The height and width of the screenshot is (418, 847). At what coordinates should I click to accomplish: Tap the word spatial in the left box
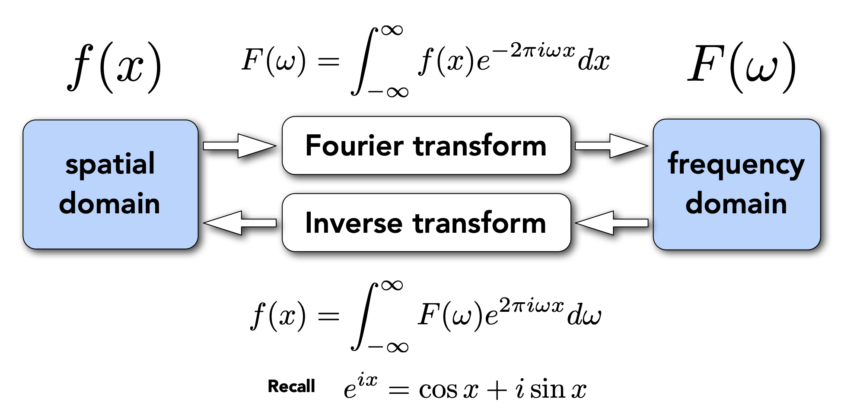point(110,165)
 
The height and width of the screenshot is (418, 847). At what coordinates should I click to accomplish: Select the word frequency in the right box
point(736,165)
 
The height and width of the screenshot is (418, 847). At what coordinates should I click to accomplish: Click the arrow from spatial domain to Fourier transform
point(239,146)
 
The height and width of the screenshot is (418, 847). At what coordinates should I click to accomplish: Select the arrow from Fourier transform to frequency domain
point(611,146)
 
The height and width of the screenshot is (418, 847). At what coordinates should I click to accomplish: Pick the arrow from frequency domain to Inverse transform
point(612,223)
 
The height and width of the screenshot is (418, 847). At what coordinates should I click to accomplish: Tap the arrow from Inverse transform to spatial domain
point(240,223)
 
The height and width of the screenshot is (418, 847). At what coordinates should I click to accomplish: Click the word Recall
point(291,386)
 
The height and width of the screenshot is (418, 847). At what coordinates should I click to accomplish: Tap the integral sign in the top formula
point(364,60)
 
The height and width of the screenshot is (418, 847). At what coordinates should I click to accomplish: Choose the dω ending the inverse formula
point(584,315)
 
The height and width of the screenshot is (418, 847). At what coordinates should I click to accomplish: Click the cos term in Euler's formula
point(438,390)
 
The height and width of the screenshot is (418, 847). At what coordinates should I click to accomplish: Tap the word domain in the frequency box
point(736,203)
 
